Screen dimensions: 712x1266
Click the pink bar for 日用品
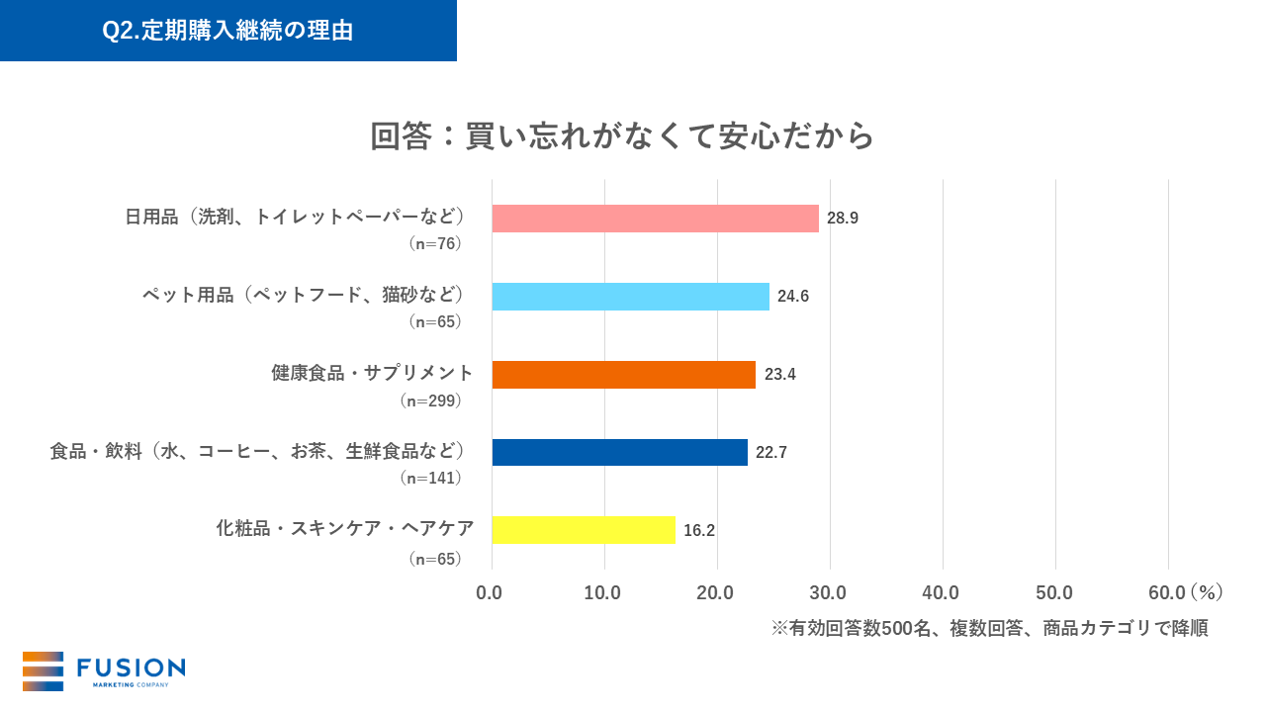click(655, 219)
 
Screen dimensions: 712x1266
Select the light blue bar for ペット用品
click(630, 297)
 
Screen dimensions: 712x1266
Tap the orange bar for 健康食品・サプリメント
click(623, 375)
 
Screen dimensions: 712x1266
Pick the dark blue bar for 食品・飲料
click(619, 452)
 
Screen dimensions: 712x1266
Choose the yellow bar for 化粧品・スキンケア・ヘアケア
click(584, 530)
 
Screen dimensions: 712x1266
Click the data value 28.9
click(843, 219)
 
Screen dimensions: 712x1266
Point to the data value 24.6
click(793, 297)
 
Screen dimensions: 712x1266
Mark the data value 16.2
click(699, 530)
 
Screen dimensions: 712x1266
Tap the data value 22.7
click(771, 452)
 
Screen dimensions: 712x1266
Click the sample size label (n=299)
click(430, 401)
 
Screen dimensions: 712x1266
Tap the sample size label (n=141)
click(430, 479)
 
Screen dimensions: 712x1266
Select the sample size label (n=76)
click(434, 243)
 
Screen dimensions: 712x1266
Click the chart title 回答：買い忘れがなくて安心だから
click(622, 136)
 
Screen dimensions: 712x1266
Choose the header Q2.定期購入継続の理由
click(227, 31)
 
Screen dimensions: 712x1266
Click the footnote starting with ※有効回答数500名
click(989, 629)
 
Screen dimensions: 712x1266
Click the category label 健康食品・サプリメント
click(372, 373)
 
